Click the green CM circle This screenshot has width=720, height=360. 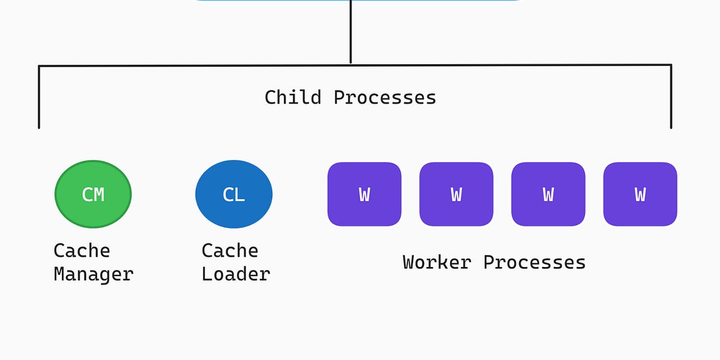click(x=93, y=194)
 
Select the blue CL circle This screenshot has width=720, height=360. click(x=233, y=194)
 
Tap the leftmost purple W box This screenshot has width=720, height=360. click(x=364, y=194)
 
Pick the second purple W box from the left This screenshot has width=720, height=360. click(x=456, y=194)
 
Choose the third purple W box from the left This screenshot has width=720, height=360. click(x=548, y=194)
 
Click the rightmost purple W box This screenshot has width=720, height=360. click(x=640, y=194)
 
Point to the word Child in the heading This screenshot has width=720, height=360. click(x=293, y=97)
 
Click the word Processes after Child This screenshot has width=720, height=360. click(x=385, y=97)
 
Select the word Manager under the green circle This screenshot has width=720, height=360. click(x=93, y=274)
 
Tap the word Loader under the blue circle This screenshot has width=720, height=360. click(x=236, y=274)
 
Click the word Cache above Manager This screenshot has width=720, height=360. click(x=82, y=251)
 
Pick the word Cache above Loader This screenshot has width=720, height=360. click(x=230, y=251)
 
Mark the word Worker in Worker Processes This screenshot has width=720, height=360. click(x=437, y=262)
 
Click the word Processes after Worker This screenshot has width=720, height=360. click(x=535, y=262)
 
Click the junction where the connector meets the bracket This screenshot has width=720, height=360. click(x=350, y=64)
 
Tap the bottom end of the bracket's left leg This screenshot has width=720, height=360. click(x=39, y=127)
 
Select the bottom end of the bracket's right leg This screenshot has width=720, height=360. click(x=671, y=127)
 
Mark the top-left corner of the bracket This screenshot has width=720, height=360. click(x=40, y=66)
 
